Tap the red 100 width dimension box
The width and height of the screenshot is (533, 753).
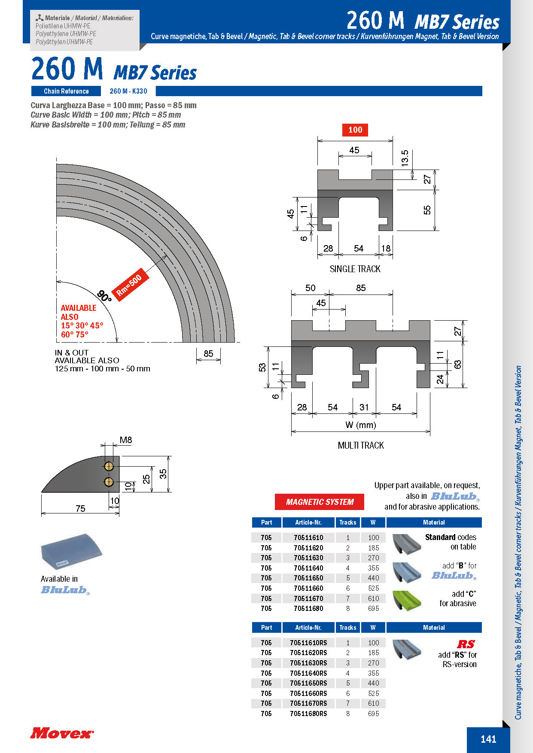pos(355,130)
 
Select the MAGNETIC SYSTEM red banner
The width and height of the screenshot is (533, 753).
pos(320,502)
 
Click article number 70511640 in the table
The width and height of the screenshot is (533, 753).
pos(308,568)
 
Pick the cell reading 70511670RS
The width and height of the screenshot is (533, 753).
pos(308,703)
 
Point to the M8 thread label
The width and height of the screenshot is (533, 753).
pos(126,440)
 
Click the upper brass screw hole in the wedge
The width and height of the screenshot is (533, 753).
pos(109,466)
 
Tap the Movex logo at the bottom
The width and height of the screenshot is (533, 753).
pos(62,733)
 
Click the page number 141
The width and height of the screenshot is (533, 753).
pos(488,739)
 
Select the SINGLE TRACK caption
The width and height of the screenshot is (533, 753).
pos(355,269)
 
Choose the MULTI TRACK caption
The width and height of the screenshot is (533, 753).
pos(361,446)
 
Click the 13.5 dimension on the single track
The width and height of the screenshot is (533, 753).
pos(405,158)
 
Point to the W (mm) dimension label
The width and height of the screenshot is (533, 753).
pos(361,425)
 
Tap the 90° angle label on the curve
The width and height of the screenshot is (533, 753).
pos(104,296)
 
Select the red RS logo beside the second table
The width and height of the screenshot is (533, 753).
pos(466,644)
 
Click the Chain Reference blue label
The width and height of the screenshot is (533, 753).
pos(66,91)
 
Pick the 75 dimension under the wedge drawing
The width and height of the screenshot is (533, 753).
pos(80,509)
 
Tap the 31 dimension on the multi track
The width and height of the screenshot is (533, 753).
pos(364,407)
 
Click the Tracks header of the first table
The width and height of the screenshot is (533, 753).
pos(347,522)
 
